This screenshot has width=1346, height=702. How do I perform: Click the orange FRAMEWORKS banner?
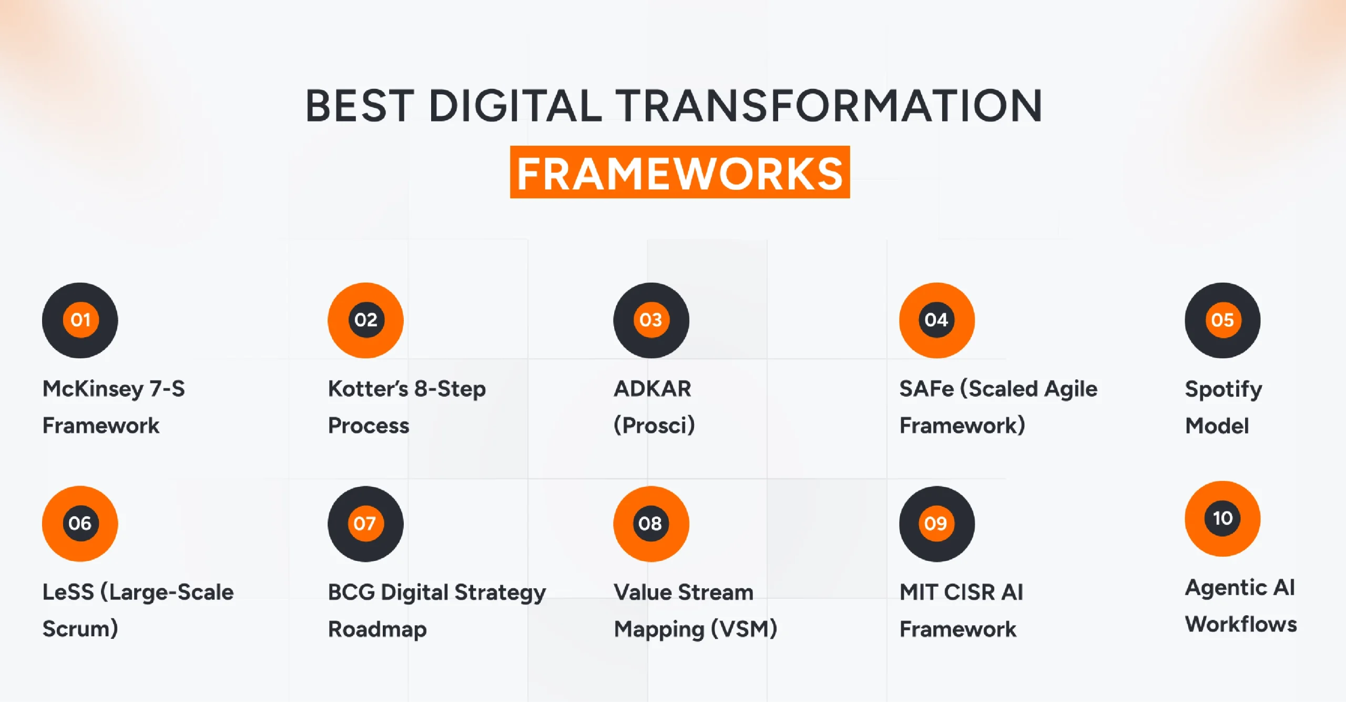[x=679, y=173]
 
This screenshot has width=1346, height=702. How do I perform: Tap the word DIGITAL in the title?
[x=515, y=106]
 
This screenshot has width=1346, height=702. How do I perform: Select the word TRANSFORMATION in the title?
[x=828, y=106]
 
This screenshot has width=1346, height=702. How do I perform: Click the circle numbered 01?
[x=80, y=320]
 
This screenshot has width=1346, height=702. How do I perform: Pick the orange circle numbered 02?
[x=365, y=320]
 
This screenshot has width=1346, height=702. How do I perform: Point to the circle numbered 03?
[x=651, y=320]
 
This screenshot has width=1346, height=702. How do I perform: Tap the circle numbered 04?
[x=936, y=320]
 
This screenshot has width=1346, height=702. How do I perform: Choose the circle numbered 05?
[x=1222, y=320]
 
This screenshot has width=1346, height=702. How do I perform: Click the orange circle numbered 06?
[x=80, y=524]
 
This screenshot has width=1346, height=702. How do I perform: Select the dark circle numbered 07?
[x=365, y=524]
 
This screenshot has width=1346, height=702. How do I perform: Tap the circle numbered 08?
[x=651, y=524]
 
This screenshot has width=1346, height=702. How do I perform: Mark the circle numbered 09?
[x=936, y=524]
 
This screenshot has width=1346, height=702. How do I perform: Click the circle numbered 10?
[x=1222, y=518]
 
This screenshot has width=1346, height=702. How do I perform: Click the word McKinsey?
[x=93, y=389]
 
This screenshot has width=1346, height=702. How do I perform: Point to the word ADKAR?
[x=652, y=389]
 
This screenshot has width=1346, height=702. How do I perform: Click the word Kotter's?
[x=368, y=389]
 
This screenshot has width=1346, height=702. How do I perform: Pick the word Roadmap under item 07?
[x=377, y=629]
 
